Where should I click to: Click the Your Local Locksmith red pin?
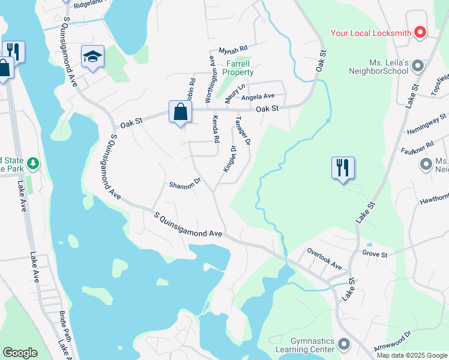tap(420, 32)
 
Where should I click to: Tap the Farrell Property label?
tap(238, 68)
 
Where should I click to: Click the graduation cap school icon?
tap(92, 57)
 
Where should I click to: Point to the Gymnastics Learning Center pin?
tap(344, 344)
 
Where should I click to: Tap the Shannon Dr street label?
tap(184, 185)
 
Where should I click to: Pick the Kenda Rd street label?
tap(214, 129)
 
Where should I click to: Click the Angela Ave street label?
tap(258, 96)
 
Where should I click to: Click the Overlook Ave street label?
tap(324, 259)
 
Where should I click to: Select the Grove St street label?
tap(375, 254)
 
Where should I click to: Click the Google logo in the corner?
tap(20, 353)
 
